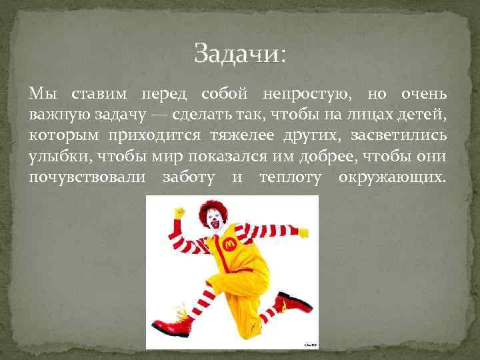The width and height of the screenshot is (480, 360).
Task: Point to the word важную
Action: [57, 115]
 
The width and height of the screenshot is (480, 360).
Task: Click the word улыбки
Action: [61, 157]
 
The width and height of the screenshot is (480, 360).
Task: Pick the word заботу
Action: [189, 178]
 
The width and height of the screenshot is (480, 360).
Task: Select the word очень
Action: [420, 95]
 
